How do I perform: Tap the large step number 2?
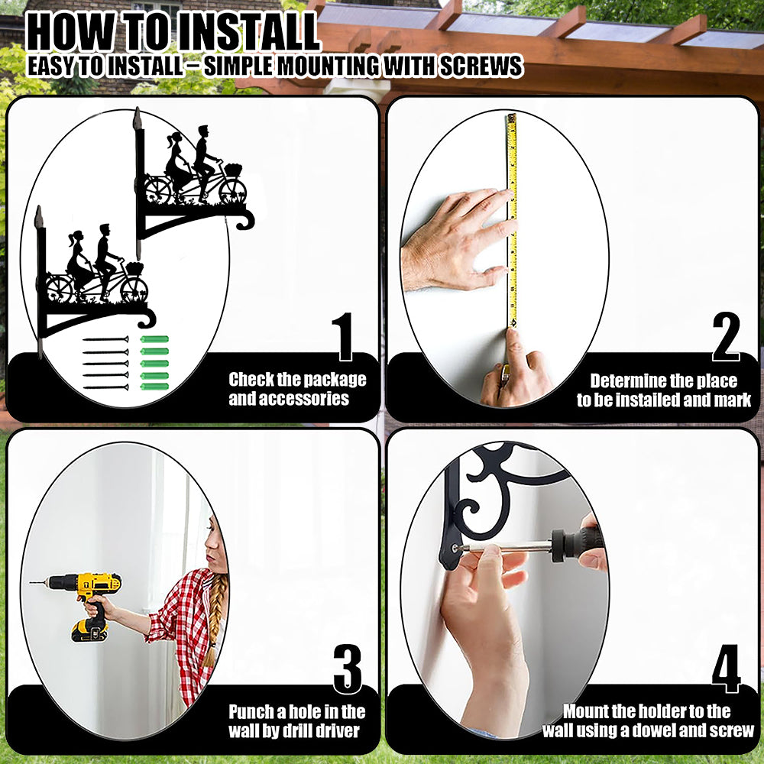pos(726,337)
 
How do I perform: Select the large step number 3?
pos(348,669)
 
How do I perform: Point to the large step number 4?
pos(727,668)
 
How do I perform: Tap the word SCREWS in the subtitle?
pos(481,66)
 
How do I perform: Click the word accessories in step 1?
pos(289,399)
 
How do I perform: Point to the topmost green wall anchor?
pos(154,339)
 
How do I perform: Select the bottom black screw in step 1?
pos(105,387)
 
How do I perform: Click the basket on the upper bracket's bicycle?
pos(233,170)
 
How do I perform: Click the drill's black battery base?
pos(89,630)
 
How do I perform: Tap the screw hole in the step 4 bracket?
pos(455,548)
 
